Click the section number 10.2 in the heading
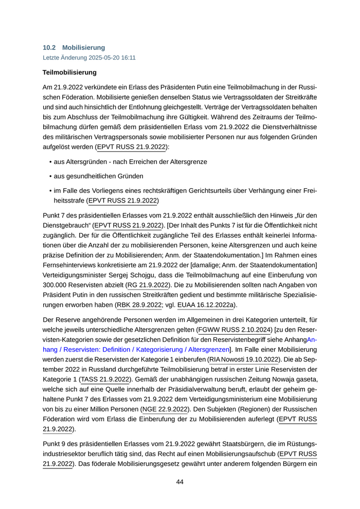pyautogui.click(x=49, y=48)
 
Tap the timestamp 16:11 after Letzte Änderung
pyautogui.click(x=128, y=58)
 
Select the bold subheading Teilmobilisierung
pyautogui.click(x=69, y=72)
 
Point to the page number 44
pyautogui.click(x=180, y=482)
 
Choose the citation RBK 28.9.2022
pyautogui.click(x=139, y=305)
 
